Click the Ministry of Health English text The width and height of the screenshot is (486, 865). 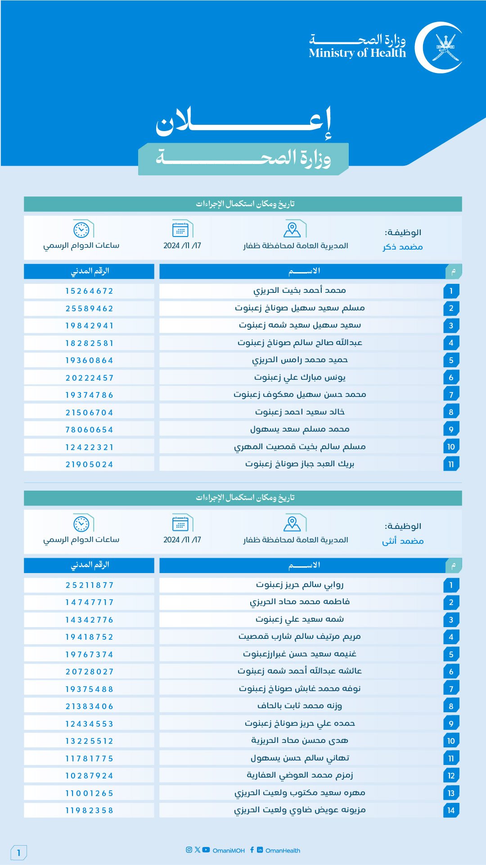(x=357, y=53)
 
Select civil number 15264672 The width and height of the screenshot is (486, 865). (x=89, y=291)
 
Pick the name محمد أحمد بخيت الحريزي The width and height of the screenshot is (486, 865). (x=299, y=291)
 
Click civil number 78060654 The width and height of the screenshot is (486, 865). (x=89, y=430)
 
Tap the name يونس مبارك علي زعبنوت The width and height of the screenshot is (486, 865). (x=300, y=377)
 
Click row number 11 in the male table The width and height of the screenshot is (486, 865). (x=451, y=464)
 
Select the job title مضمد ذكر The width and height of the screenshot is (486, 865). (x=403, y=247)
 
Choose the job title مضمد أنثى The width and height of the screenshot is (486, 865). (x=403, y=541)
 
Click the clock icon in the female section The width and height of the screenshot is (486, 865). (x=81, y=524)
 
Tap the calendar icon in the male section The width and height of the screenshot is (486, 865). (x=180, y=230)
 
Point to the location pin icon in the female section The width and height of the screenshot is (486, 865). (x=292, y=524)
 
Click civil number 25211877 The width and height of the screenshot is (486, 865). (x=89, y=585)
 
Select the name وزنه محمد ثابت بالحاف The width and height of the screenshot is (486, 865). (x=300, y=706)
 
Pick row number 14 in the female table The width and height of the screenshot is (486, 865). (x=451, y=810)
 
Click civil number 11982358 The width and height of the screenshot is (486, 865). (x=89, y=810)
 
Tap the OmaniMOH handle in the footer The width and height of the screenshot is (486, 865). (x=229, y=851)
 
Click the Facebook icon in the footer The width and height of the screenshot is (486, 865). (x=252, y=850)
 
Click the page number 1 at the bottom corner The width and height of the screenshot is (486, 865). (x=19, y=852)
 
